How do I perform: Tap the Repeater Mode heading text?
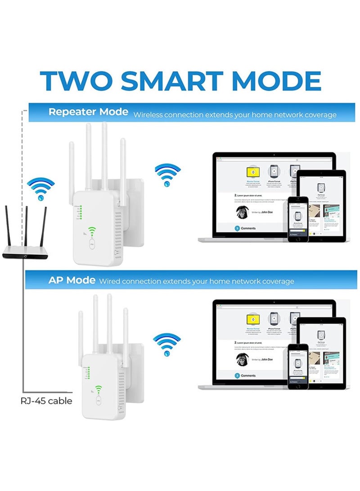[88, 112]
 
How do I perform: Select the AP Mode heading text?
[72, 280]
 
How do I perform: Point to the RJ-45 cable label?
[46, 401]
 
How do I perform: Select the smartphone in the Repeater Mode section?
[298, 219]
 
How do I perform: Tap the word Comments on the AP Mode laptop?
[248, 375]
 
